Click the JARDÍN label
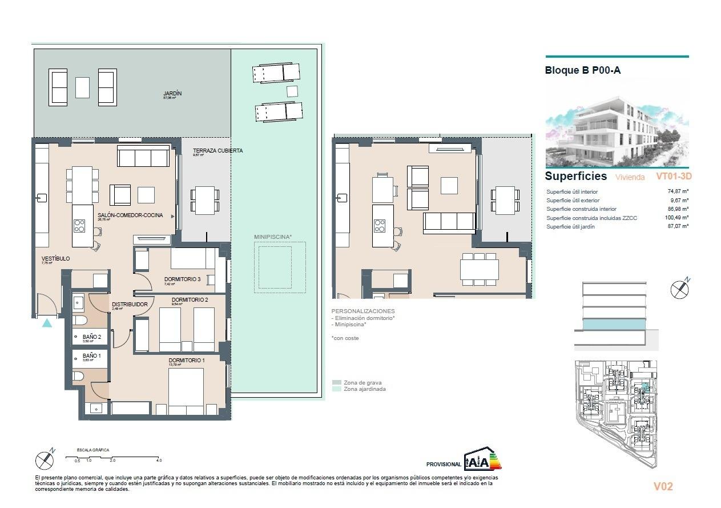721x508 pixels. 172,94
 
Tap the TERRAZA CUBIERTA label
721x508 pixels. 217,151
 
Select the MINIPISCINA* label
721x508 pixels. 273,237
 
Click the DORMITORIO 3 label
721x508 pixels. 182,279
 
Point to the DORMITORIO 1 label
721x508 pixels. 186,361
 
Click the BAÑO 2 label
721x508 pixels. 92,338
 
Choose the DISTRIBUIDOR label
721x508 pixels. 130,305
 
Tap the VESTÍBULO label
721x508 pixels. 55,259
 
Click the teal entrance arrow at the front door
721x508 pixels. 47,323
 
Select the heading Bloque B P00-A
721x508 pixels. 583,71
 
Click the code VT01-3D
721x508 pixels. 674,177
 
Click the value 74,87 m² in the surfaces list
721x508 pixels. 678,192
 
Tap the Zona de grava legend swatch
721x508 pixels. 337,383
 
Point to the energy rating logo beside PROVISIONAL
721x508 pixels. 482,459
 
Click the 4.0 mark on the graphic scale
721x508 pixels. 159,460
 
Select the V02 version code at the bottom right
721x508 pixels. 663,486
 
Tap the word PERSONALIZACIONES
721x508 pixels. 362,311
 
